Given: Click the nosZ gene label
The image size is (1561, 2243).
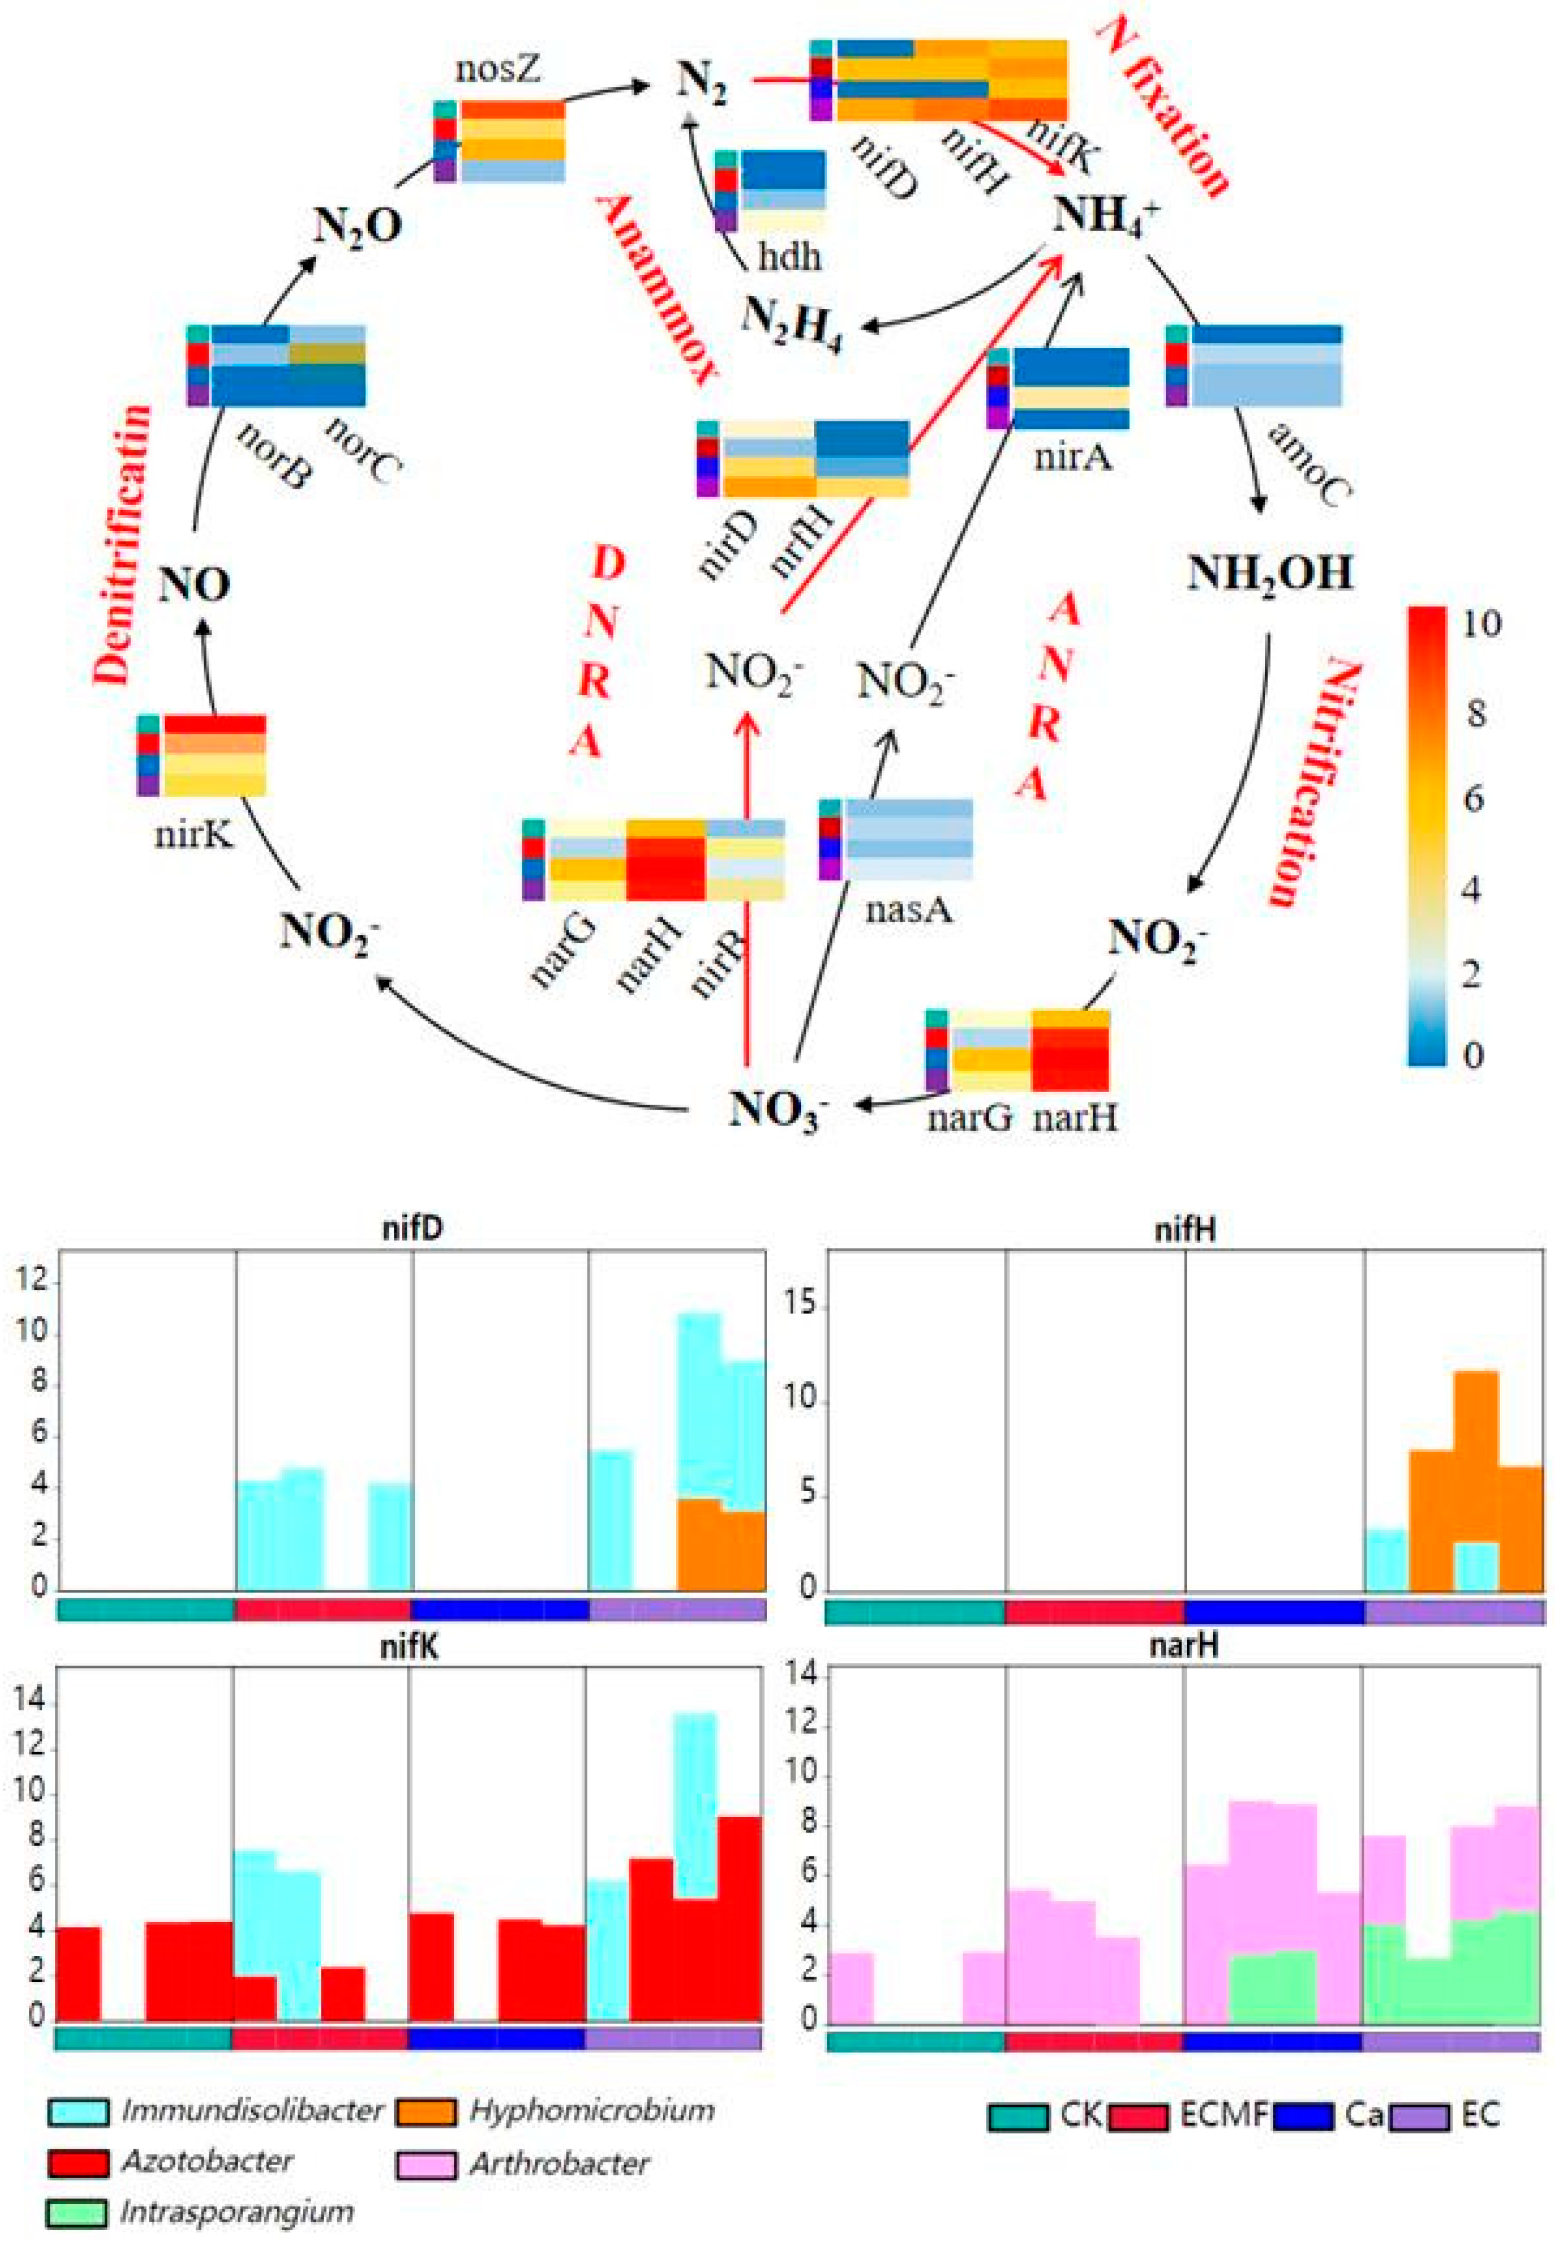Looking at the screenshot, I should point(498,71).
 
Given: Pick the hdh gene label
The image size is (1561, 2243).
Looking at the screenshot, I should point(789,256).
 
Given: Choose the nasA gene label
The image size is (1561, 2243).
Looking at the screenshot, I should point(908,910).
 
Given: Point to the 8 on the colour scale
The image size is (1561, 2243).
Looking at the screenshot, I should point(1475,713).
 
